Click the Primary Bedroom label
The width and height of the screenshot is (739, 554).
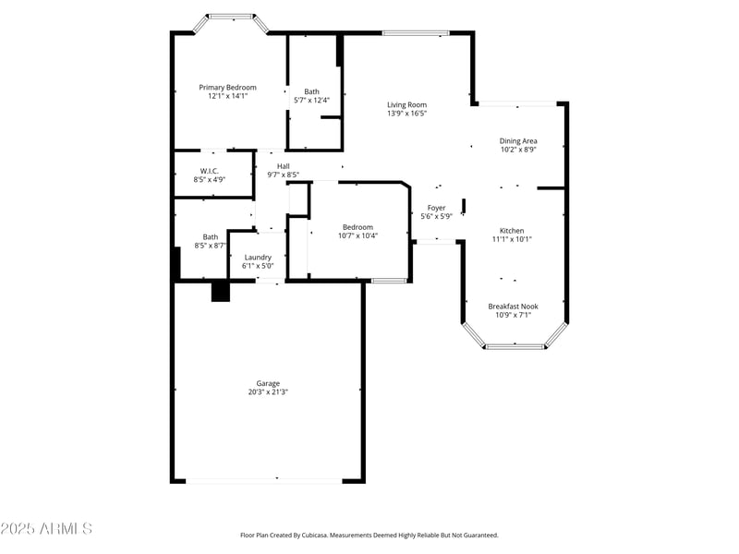tap(227, 87)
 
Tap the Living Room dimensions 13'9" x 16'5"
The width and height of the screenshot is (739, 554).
tap(406, 114)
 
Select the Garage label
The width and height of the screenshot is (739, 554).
tap(268, 383)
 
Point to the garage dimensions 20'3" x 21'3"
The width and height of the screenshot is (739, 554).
tap(268, 392)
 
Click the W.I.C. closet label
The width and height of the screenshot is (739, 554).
tap(209, 170)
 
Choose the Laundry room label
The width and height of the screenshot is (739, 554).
tap(258, 257)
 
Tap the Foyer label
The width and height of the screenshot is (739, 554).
tap(436, 208)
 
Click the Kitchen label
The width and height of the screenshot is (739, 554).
tap(512, 230)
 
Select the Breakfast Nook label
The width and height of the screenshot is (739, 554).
tap(513, 306)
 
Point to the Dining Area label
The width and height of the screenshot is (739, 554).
tap(518, 140)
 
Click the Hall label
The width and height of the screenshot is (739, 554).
tap(283, 166)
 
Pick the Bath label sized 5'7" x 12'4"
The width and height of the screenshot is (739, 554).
tap(312, 91)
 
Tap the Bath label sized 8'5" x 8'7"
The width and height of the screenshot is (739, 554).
tap(211, 236)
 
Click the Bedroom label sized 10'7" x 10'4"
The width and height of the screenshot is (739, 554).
tap(357, 227)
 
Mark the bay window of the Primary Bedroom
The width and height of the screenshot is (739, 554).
tap(230, 16)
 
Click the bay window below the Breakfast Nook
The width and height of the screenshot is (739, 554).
tap(515, 346)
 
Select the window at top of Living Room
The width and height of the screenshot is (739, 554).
tap(415, 33)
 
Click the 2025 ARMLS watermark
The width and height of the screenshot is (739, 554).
tap(46, 529)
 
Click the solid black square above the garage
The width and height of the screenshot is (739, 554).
tap(220, 292)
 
